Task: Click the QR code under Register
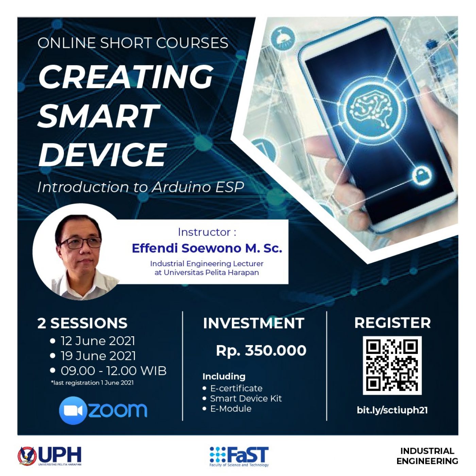pos(392,365)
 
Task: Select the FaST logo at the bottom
pos(239,457)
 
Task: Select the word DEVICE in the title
pos(102,154)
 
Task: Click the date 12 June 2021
pos(98,341)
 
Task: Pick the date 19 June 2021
pos(98,356)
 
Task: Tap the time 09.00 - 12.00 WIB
pos(114,371)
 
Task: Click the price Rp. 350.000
pos(261,351)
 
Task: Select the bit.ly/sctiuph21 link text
pos(392,410)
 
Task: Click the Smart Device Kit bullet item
pos(246,398)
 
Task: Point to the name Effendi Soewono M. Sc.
pos(207,248)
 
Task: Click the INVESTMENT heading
pos(254,323)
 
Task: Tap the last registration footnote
pos(92,383)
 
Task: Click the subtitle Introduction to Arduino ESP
pos(141,187)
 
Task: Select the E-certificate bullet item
pos(236,388)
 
